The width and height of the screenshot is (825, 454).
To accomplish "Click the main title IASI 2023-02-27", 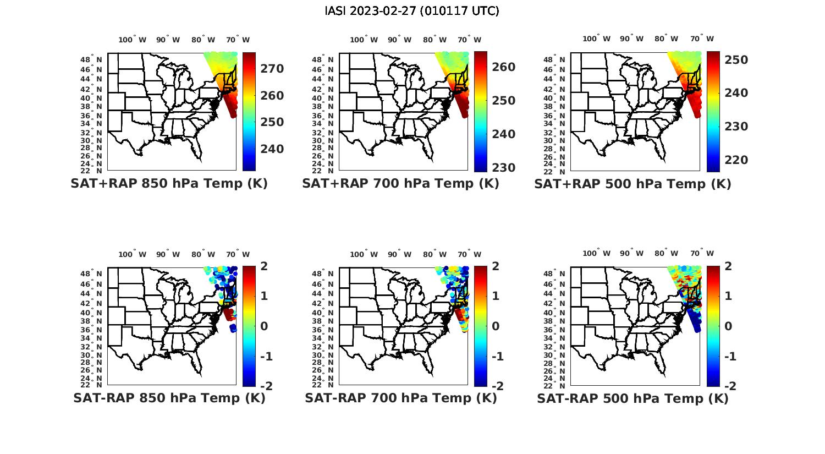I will coord(412,11).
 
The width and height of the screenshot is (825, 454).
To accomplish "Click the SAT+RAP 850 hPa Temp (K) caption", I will coord(169,184).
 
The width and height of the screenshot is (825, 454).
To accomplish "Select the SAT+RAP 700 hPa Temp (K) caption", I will coord(400,184).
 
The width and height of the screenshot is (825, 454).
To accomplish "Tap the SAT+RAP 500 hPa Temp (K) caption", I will coord(632,184).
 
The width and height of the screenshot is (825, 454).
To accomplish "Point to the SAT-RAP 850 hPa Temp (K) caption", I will coord(169,398).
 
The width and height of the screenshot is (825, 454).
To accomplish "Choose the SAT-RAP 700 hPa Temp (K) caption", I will coord(400,398).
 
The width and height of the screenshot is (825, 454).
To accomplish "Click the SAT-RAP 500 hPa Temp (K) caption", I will coord(632,398).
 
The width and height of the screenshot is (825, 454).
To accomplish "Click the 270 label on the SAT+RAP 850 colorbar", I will coord(272,69).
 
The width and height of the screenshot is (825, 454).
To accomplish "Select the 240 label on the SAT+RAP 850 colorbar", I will coord(272,149).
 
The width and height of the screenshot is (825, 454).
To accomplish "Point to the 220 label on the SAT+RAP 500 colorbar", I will coord(736,160).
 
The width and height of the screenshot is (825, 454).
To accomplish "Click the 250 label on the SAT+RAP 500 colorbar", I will coord(736,60).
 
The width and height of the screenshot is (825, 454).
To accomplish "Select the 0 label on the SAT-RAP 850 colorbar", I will coord(263,326).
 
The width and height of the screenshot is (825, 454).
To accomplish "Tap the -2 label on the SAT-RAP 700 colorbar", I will coord(497,386).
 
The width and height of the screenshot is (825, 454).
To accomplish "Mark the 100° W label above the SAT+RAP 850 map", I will coord(133,40).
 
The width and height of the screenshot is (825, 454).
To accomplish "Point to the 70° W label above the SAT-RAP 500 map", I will coord(702,254).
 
